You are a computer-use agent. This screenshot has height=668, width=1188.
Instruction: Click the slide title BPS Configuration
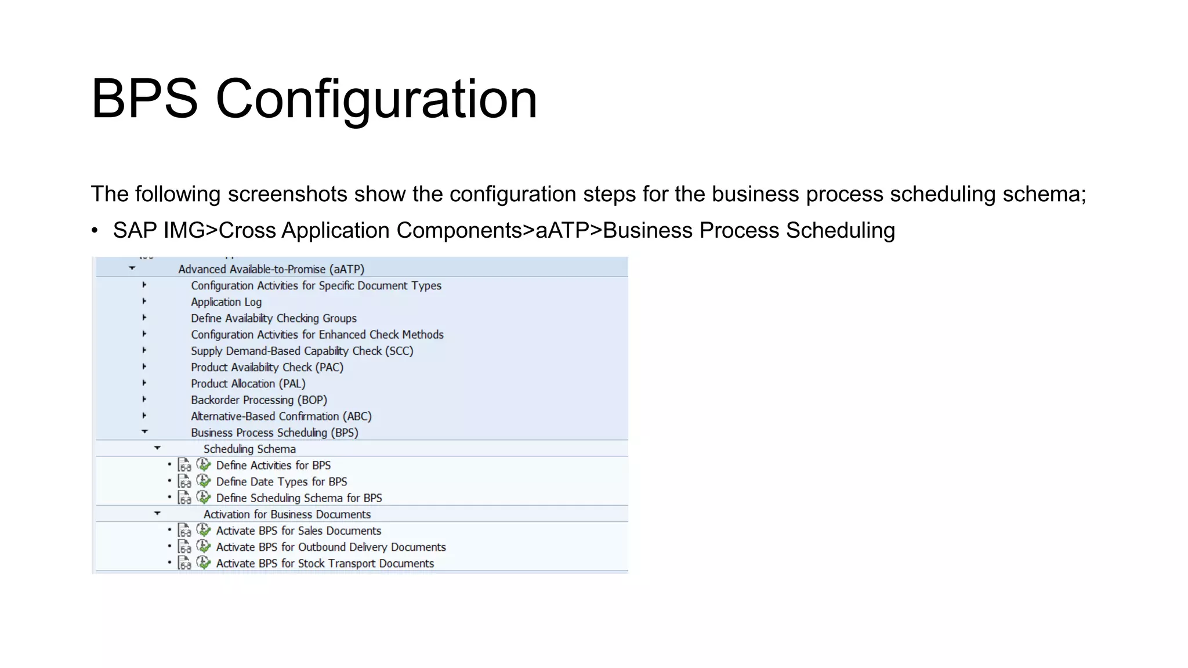[x=314, y=99]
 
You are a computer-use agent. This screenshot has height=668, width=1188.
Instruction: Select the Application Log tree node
[x=226, y=302]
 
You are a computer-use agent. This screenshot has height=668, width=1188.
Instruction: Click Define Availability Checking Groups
[x=274, y=318]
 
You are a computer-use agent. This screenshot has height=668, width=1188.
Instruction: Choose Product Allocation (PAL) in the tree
[x=248, y=384]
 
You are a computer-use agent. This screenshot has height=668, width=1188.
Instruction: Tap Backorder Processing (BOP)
[x=259, y=400]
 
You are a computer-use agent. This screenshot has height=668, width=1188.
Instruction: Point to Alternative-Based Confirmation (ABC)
[x=281, y=416]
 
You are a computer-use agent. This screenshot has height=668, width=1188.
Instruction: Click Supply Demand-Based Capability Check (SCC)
[x=302, y=351]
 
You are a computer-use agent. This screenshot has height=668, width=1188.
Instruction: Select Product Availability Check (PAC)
[x=267, y=368]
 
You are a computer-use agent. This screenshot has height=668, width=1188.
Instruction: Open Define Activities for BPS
[x=273, y=466]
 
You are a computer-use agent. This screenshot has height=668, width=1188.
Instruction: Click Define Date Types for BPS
[x=281, y=482]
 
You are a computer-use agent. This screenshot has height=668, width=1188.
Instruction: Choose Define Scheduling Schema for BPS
[x=299, y=498]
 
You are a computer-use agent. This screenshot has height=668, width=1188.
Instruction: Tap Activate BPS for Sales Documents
[x=299, y=531]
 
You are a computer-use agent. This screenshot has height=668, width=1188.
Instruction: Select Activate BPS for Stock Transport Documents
[x=325, y=564]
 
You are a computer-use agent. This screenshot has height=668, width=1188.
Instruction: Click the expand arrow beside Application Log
[x=144, y=302]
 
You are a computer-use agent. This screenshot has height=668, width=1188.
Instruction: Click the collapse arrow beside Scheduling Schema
[x=157, y=448]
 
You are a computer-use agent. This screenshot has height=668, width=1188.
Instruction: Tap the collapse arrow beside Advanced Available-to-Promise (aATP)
[x=132, y=268]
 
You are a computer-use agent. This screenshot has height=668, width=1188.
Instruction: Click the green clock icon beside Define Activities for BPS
[x=204, y=464]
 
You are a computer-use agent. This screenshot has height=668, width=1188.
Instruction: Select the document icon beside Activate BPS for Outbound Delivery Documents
[x=184, y=547]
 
